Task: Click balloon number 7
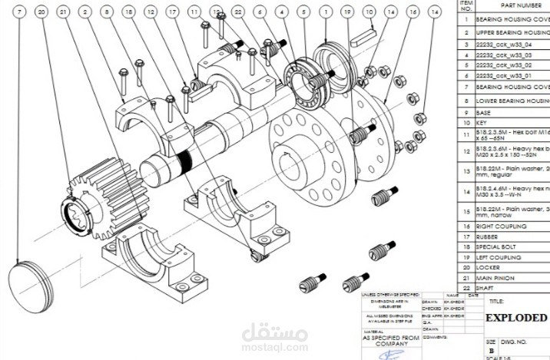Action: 20,12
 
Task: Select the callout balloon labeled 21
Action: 63,12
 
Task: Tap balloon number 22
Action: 239,12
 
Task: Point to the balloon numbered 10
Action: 370,12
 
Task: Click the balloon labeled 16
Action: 414,12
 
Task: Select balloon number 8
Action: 107,12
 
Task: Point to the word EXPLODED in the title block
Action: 516,317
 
